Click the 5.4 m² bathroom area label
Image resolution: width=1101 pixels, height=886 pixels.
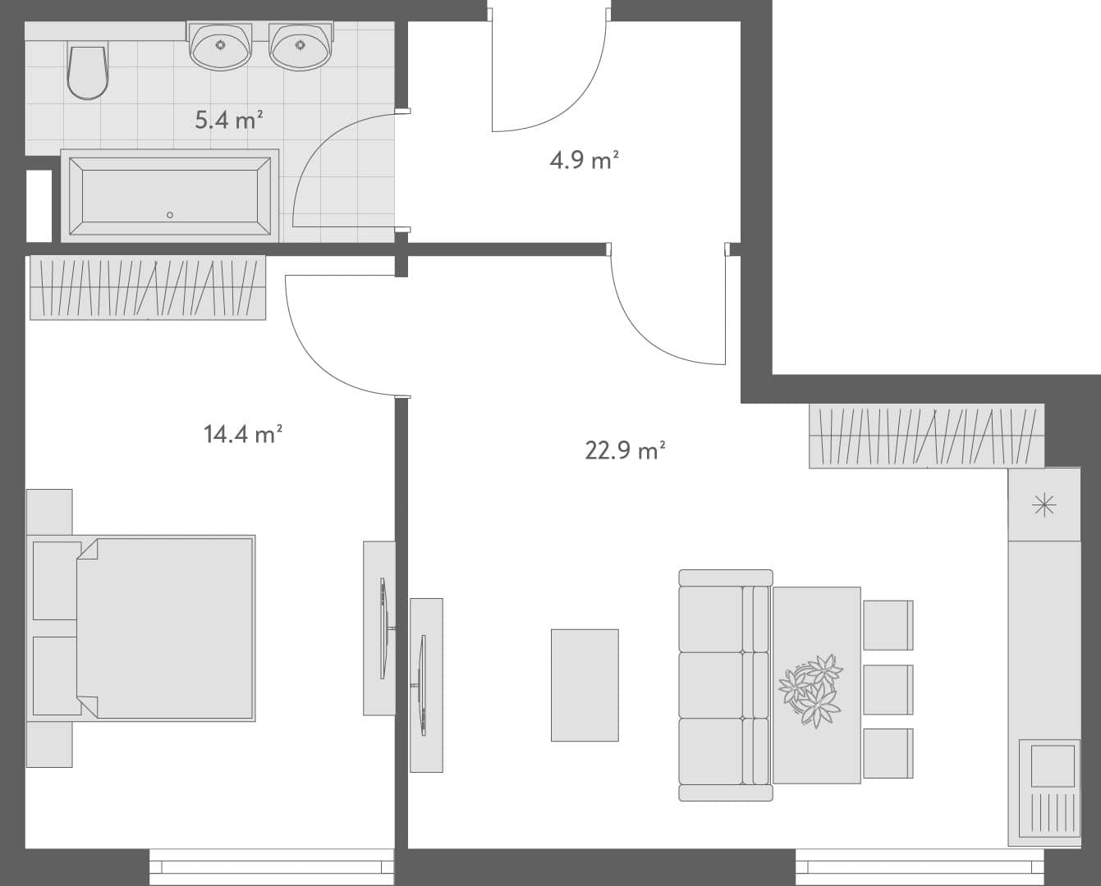point(228,121)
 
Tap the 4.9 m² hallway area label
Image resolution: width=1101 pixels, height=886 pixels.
point(583,159)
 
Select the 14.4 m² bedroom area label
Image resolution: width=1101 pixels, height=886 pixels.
point(243,433)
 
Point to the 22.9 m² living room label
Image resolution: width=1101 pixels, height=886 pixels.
point(624,450)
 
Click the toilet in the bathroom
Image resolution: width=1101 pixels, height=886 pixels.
point(87,71)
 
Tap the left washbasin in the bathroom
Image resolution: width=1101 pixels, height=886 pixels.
point(220,45)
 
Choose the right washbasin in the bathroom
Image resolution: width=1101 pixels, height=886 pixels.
point(300,45)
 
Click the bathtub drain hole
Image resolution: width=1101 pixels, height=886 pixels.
point(170,215)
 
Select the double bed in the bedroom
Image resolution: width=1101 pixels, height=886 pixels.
point(164,628)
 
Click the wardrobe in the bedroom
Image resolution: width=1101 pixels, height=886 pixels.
point(148,287)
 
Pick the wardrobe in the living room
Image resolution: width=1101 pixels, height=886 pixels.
point(926,436)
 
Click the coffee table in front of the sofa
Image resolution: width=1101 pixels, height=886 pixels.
point(585,685)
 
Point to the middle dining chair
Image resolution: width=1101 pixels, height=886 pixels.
point(888,689)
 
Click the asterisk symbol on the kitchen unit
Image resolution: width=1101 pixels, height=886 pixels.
point(1044,505)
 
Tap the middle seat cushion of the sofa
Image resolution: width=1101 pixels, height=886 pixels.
point(711,685)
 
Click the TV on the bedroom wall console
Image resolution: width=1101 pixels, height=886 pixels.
point(383,628)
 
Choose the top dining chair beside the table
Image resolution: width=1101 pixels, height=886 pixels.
point(888,625)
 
